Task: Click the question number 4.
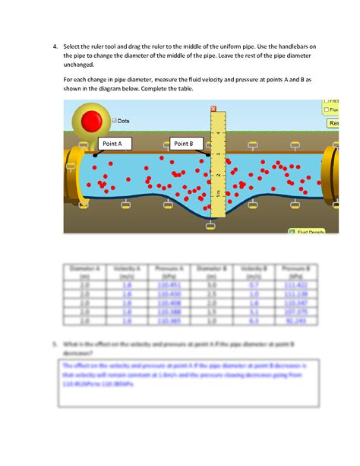pos(56,47)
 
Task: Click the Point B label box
pos(184,143)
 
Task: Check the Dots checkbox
pos(114,121)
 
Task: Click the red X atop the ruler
pos(214,108)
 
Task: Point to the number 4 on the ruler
pos(219,134)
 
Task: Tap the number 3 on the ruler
pos(219,154)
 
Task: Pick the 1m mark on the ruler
pos(218,195)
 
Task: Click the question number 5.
pos(55,344)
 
